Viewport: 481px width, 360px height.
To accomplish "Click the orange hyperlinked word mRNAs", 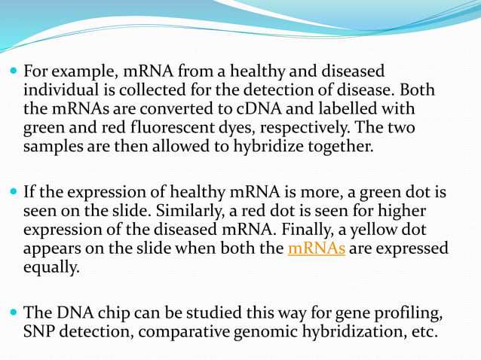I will [317, 249].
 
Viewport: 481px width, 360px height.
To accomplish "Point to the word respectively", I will [299, 127].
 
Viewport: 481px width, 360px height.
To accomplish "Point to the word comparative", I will [184, 331].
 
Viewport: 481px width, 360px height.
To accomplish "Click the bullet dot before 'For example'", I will [13, 72].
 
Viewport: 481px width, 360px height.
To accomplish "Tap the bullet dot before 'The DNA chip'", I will [13, 313].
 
